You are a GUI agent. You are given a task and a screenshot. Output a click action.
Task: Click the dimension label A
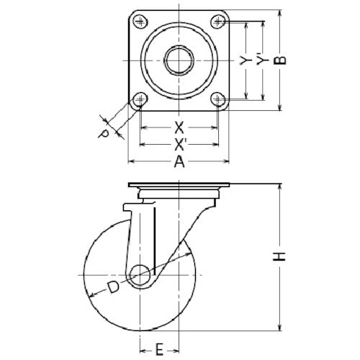[179, 163]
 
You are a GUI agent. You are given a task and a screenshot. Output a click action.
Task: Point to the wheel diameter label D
[112, 288]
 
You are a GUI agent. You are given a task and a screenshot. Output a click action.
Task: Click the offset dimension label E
[158, 351]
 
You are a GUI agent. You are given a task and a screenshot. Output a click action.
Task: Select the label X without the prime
[179, 128]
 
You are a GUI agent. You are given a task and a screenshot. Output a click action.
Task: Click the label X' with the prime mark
[180, 145]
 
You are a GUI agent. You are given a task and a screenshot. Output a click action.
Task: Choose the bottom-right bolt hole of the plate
[218, 99]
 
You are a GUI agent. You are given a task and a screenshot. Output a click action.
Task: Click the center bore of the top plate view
[179, 60]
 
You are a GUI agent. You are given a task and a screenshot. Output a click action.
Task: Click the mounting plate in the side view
[179, 185]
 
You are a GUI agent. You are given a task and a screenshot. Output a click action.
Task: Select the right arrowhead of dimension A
[229, 163]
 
